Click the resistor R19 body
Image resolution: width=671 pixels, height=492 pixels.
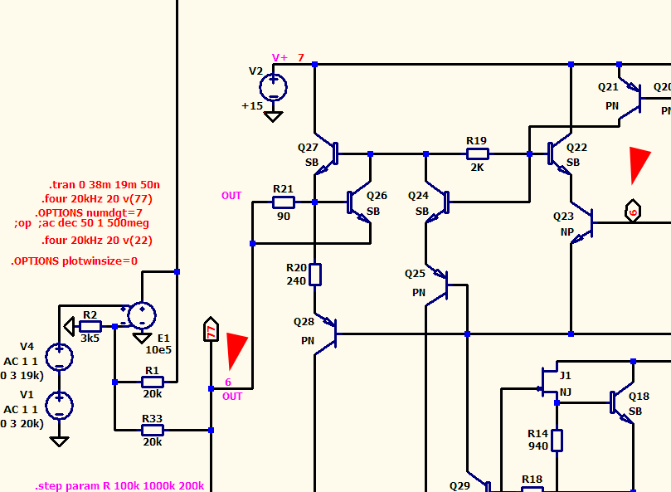477,153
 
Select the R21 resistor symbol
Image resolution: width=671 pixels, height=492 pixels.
284,202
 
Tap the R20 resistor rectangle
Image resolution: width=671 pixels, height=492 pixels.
315,275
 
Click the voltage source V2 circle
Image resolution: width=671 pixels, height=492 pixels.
273,87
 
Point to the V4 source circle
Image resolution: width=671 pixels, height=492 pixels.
59,357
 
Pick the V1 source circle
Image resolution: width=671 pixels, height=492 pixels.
59,405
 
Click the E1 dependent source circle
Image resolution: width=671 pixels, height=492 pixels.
142,315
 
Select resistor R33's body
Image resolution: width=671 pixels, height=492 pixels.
153,430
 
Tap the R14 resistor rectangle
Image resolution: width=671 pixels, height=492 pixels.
557,441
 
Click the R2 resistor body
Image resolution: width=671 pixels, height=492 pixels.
90,326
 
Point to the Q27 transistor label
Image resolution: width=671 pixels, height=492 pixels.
308,148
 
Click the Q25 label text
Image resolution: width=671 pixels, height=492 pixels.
415,274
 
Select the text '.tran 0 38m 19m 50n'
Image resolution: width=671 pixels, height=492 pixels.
105,184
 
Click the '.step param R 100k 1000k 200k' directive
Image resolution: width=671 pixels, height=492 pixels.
119,486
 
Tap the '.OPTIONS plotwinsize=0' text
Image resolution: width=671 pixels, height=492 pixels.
74,261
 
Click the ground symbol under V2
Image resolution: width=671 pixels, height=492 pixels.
273,116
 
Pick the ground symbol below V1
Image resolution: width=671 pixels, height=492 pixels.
59,441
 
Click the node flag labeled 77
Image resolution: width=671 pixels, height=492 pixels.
211,329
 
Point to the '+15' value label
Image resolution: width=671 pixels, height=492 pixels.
252,105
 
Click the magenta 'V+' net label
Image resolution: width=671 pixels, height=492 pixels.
280,58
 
